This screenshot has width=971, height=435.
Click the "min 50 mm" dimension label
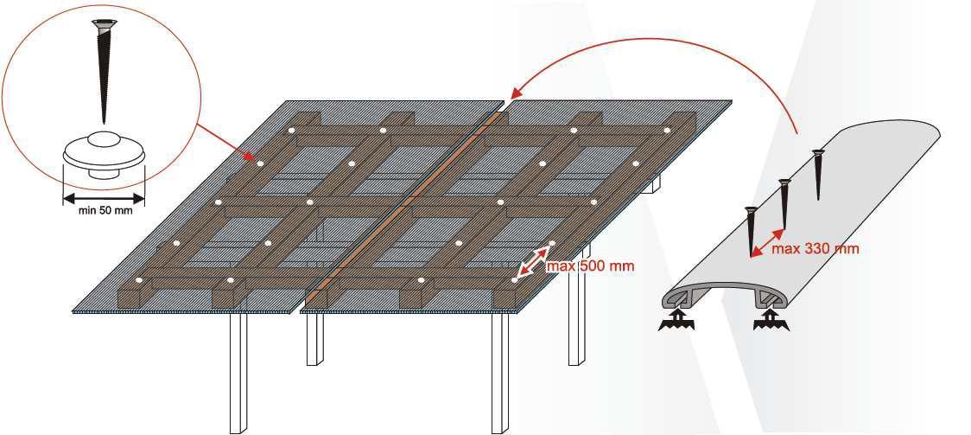(105, 210)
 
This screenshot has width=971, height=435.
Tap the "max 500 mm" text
(590, 265)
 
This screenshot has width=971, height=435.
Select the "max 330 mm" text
(815, 248)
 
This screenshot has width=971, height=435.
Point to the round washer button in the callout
(104, 155)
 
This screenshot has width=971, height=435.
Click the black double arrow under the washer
(104, 199)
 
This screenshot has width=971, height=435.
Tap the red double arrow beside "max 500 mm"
(533, 261)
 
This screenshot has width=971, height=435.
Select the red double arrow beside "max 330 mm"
(766, 242)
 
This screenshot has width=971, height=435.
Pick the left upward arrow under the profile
(678, 321)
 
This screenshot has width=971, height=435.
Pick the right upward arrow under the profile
(771, 321)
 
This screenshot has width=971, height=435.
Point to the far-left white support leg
(238, 373)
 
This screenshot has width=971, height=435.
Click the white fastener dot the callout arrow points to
(260, 163)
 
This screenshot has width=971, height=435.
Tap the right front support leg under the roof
(499, 373)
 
